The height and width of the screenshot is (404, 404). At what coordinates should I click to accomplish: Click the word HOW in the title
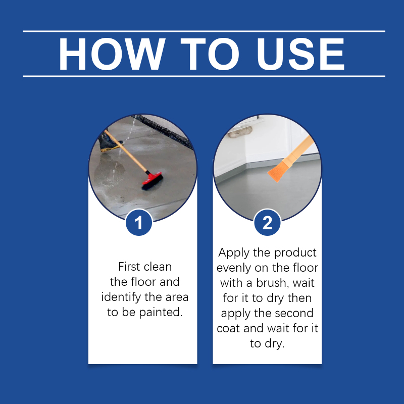click(x=112, y=54)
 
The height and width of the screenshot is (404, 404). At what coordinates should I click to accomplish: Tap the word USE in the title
click(x=300, y=54)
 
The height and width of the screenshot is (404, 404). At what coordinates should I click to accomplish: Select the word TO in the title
click(x=210, y=54)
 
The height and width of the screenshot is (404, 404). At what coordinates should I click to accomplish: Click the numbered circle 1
click(x=139, y=223)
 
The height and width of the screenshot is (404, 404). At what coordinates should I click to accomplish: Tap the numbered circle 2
click(x=267, y=223)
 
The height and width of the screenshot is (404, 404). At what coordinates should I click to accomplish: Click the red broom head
click(x=153, y=181)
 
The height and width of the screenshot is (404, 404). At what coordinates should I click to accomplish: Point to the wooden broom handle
click(x=126, y=151)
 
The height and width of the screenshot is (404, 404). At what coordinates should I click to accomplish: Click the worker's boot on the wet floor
click(x=109, y=142)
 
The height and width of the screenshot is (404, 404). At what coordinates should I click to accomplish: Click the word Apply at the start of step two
click(x=234, y=253)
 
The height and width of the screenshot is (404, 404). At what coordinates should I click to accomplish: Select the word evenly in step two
click(x=234, y=268)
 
